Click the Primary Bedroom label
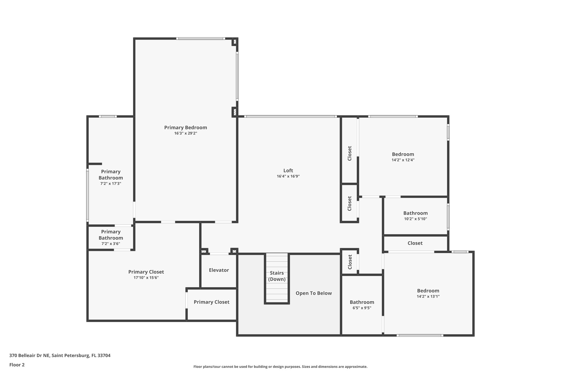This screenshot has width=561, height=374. click(185, 127)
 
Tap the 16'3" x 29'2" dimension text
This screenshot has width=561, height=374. click(185, 133)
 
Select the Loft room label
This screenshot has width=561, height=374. click(288, 170)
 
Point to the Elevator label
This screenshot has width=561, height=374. click(219, 270)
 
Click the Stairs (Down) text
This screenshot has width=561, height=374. click(277, 276)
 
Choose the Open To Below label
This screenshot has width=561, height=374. click(313, 293)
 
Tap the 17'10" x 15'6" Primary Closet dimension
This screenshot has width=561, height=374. click(146, 278)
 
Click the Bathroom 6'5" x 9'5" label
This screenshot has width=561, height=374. click(362, 302)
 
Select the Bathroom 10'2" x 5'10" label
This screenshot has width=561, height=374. click(415, 213)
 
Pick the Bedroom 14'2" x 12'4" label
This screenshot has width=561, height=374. click(403, 154)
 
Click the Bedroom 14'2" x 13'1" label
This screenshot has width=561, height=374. click(428, 291)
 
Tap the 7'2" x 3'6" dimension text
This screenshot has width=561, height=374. click(111, 244)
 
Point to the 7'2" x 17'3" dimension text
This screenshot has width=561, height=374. click(111, 184)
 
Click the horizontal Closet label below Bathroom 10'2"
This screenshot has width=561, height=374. click(415, 243)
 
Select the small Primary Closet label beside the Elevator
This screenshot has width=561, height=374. click(211, 302)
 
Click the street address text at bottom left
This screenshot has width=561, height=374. click(60, 356)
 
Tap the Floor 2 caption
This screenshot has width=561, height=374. click(17, 365)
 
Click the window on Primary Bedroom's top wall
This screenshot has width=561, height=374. click(201, 39)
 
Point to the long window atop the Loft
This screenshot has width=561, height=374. click(290, 116)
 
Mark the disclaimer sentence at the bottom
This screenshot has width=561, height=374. click(280, 367)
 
